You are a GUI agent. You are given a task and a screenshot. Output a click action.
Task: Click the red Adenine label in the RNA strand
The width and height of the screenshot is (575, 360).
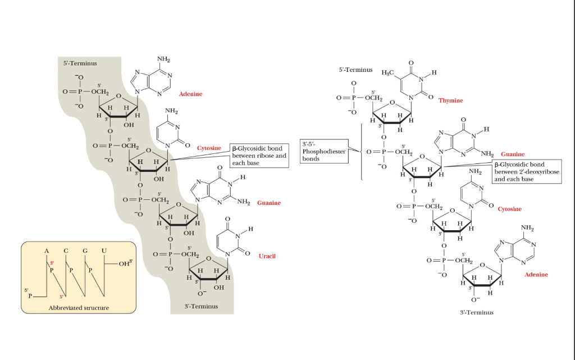(190, 94)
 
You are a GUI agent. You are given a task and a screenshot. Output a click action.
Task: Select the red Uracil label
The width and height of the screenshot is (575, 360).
(267, 256)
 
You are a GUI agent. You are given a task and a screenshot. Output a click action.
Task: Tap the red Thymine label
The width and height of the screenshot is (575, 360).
(451, 101)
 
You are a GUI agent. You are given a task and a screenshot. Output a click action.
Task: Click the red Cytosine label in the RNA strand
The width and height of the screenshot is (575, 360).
(209, 148)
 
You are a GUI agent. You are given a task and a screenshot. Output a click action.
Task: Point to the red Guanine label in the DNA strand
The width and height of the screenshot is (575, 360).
(513, 154)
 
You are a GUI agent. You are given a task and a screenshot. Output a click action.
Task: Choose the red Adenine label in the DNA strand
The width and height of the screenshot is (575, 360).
(536, 275)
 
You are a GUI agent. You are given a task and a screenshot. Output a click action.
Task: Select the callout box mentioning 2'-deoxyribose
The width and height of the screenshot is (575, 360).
(527, 172)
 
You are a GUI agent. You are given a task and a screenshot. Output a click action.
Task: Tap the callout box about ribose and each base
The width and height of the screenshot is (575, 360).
(259, 156)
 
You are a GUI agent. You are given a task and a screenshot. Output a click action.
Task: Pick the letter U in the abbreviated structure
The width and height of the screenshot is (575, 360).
(103, 250)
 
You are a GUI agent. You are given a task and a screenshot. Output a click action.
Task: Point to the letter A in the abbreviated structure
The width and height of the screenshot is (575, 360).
(47, 250)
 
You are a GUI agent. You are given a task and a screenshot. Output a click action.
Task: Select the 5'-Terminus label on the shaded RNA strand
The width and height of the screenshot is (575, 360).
(80, 63)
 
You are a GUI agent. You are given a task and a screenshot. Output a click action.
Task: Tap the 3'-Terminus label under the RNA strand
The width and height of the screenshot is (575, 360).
(201, 306)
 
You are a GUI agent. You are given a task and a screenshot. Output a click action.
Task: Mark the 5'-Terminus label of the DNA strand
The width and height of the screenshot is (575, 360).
(355, 70)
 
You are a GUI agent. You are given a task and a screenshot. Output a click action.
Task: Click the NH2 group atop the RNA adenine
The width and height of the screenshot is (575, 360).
(163, 59)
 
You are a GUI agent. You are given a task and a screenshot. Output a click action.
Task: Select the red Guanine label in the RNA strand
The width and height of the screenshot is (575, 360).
(269, 203)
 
